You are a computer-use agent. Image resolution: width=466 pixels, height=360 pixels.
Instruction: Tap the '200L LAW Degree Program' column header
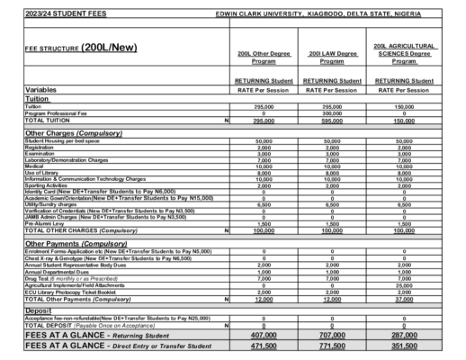click(332, 58)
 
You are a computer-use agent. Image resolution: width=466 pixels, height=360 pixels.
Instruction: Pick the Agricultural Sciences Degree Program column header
click(404, 53)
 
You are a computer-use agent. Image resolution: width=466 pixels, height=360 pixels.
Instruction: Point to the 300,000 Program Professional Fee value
click(332, 113)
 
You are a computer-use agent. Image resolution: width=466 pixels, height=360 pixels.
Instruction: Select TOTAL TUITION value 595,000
click(332, 121)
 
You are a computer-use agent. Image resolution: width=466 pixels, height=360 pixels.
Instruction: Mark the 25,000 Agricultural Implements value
click(404, 285)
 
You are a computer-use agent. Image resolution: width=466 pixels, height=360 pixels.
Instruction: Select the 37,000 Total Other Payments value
click(404, 299)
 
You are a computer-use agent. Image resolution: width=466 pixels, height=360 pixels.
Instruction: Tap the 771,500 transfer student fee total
click(332, 346)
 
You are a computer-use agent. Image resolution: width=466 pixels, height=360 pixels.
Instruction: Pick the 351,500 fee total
click(404, 346)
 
